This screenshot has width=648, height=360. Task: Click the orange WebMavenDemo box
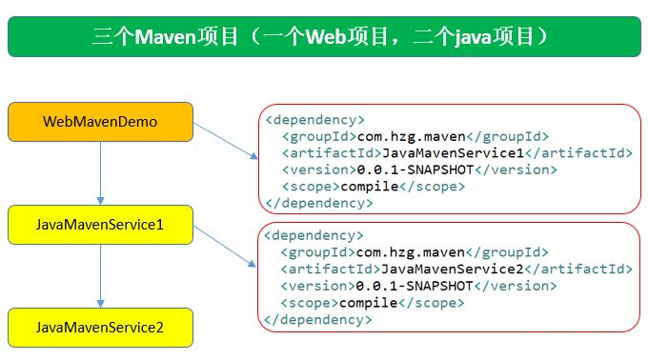[x=100, y=122]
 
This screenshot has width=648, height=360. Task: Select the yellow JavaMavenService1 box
[x=100, y=225]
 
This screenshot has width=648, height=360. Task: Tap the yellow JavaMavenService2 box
[x=100, y=327]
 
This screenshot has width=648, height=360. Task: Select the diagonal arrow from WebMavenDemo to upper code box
[x=225, y=139]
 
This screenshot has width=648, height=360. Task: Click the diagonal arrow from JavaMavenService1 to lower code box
[x=225, y=242]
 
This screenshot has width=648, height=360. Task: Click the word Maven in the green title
[x=167, y=38]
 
